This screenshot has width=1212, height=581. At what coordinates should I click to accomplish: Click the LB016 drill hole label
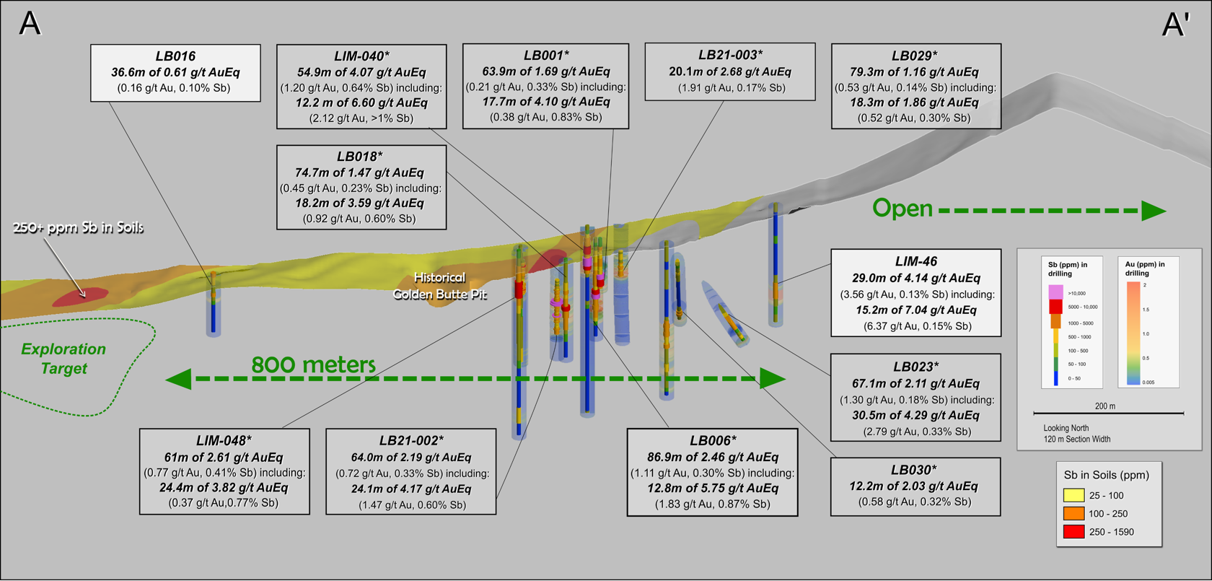(x=175, y=56)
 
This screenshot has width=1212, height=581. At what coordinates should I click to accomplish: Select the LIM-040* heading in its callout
(x=361, y=56)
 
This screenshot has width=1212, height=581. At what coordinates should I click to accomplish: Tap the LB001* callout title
(x=546, y=56)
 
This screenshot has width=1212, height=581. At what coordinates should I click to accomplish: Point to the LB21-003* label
(x=730, y=55)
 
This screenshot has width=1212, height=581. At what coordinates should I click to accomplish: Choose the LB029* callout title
(x=915, y=56)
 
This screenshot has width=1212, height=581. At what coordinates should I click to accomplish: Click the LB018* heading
(x=359, y=157)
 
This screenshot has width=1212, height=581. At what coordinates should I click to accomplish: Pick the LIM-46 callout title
(x=916, y=261)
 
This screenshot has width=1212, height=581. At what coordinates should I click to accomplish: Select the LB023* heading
(x=915, y=367)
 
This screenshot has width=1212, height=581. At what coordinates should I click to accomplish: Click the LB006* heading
(x=713, y=441)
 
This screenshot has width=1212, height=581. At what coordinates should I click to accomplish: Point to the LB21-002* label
(x=411, y=441)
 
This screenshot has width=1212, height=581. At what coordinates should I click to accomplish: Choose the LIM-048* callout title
(x=224, y=441)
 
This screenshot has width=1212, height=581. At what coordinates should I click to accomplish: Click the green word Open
(x=903, y=209)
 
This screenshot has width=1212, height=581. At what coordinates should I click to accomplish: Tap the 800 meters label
(x=313, y=365)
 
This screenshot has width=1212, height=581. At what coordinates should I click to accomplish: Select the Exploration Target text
(x=63, y=359)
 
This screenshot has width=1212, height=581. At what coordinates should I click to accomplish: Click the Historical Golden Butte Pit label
(x=439, y=286)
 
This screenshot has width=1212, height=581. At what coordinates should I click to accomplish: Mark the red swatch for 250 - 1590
(x=1074, y=532)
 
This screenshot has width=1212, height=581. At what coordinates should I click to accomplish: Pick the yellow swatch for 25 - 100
(x=1074, y=496)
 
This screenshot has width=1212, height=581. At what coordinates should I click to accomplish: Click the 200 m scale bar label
(x=1105, y=406)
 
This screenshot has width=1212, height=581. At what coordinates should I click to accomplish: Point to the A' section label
(x=1175, y=25)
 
